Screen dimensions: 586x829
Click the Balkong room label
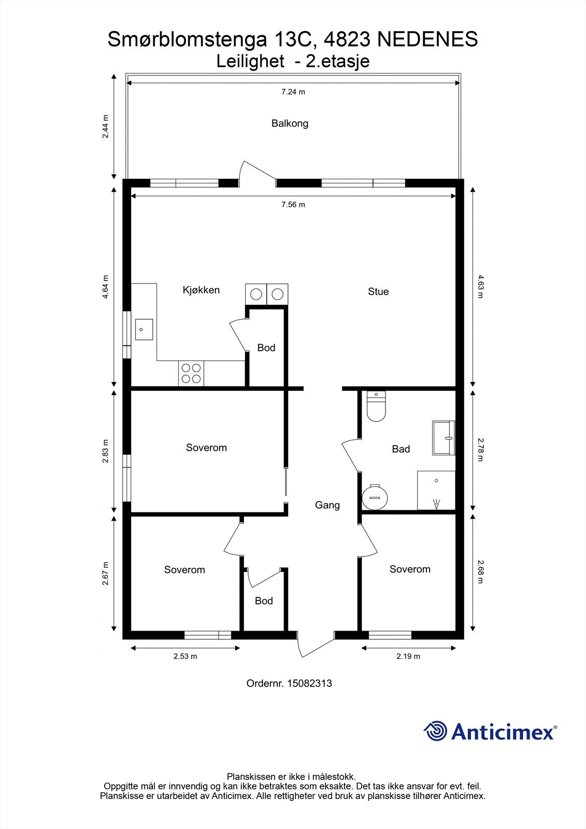[290, 123]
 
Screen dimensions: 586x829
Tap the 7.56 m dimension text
[293, 205]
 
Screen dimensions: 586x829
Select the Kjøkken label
[201, 290]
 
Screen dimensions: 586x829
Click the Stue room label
[378, 292]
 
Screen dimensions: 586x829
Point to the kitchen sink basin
[144, 330]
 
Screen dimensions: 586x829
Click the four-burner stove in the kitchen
[191, 374]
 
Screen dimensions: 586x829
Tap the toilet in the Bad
[376, 406]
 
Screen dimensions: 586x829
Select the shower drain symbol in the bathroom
[436, 505]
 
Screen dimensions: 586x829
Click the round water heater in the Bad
[374, 497]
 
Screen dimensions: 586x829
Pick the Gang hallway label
[327, 505]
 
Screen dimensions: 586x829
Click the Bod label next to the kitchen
[266, 348]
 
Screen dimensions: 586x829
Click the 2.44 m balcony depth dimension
[106, 126]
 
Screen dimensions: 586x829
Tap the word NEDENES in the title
[427, 39]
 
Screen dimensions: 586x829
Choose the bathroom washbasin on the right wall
[443, 438]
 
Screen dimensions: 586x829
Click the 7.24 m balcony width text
[293, 92]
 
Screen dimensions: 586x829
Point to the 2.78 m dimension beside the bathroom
[480, 450]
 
